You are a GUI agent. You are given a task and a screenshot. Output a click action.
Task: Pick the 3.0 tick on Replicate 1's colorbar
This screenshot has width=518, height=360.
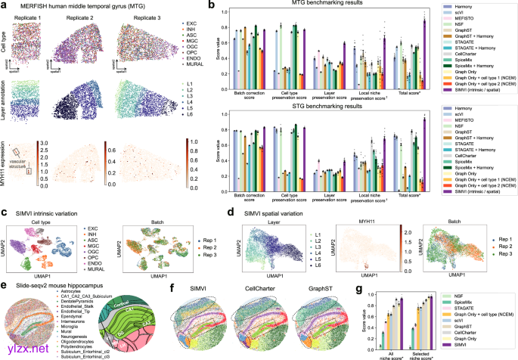coord(45,142)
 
